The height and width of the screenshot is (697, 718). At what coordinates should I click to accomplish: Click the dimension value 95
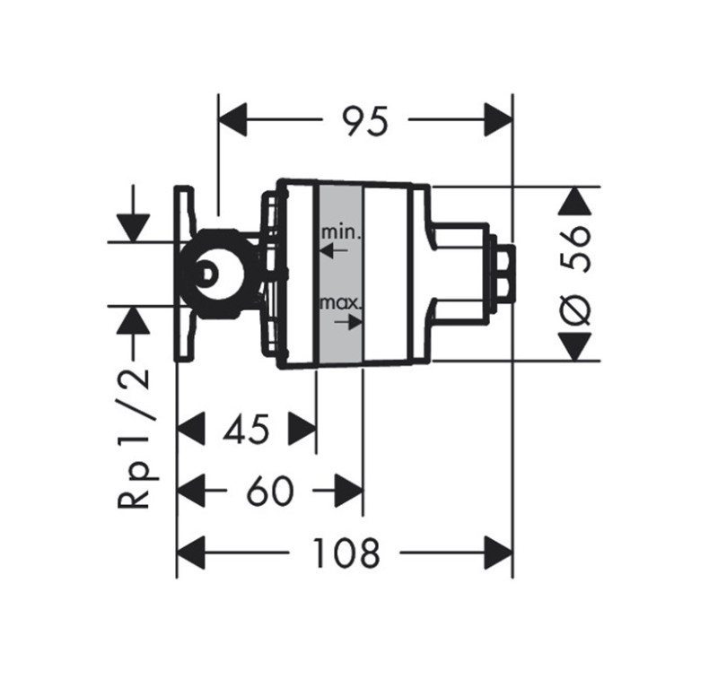coord(366,120)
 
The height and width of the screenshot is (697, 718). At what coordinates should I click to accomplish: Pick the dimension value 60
coord(267,492)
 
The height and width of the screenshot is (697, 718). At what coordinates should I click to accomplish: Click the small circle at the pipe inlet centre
coord(207,274)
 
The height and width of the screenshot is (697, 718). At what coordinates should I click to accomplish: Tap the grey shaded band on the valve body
coord(340,274)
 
